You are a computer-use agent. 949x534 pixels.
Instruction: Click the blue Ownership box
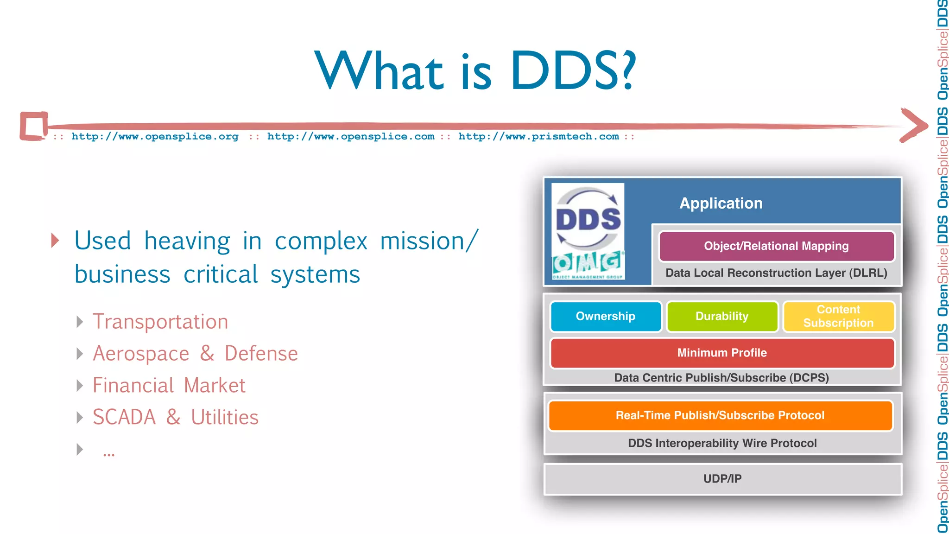(606, 317)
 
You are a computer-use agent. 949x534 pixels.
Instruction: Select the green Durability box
(722, 317)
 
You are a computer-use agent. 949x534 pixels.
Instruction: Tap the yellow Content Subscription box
(838, 317)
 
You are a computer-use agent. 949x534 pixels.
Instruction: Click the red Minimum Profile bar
(722, 353)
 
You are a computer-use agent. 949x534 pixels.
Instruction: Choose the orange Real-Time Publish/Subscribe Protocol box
(720, 415)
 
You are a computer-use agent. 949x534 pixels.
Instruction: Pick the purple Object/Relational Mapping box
(776, 246)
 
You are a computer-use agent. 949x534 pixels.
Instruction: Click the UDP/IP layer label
(722, 479)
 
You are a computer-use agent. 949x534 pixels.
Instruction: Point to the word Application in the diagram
(721, 203)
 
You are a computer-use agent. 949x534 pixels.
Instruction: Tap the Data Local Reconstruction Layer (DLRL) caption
(776, 273)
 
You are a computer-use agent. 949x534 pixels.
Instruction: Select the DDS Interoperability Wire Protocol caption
(722, 443)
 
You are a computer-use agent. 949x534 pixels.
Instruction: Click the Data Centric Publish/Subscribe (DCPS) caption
(721, 378)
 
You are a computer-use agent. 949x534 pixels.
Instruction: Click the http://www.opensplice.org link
(155, 137)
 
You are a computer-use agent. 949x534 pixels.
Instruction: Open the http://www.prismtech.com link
(538, 137)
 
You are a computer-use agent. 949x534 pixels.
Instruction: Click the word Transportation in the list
(160, 322)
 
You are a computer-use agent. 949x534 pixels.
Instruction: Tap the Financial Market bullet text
(169, 386)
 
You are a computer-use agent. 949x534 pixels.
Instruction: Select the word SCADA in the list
(124, 417)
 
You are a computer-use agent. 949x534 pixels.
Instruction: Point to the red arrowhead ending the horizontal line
(914, 125)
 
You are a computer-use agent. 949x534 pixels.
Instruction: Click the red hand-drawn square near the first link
(33, 126)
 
